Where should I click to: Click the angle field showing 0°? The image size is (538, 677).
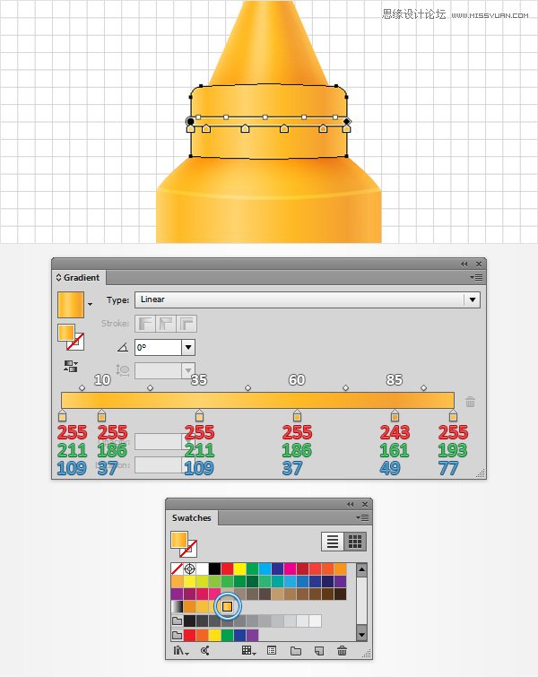click(164, 347)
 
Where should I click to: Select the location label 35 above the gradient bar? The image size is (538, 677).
click(199, 379)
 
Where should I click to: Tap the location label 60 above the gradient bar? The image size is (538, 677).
click(297, 379)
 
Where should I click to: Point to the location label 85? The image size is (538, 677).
click(395, 379)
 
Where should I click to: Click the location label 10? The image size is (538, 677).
click(102, 379)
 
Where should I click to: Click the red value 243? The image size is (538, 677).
click(395, 432)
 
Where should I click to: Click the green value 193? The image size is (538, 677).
click(453, 450)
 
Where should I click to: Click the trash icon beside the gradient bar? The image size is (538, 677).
click(470, 403)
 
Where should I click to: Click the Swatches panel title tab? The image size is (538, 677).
click(192, 517)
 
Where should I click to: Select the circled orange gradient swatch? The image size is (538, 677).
click(228, 607)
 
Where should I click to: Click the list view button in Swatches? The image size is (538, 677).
click(332, 542)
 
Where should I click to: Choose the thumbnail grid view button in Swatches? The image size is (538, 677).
click(355, 542)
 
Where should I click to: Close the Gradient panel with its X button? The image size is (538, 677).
click(479, 264)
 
